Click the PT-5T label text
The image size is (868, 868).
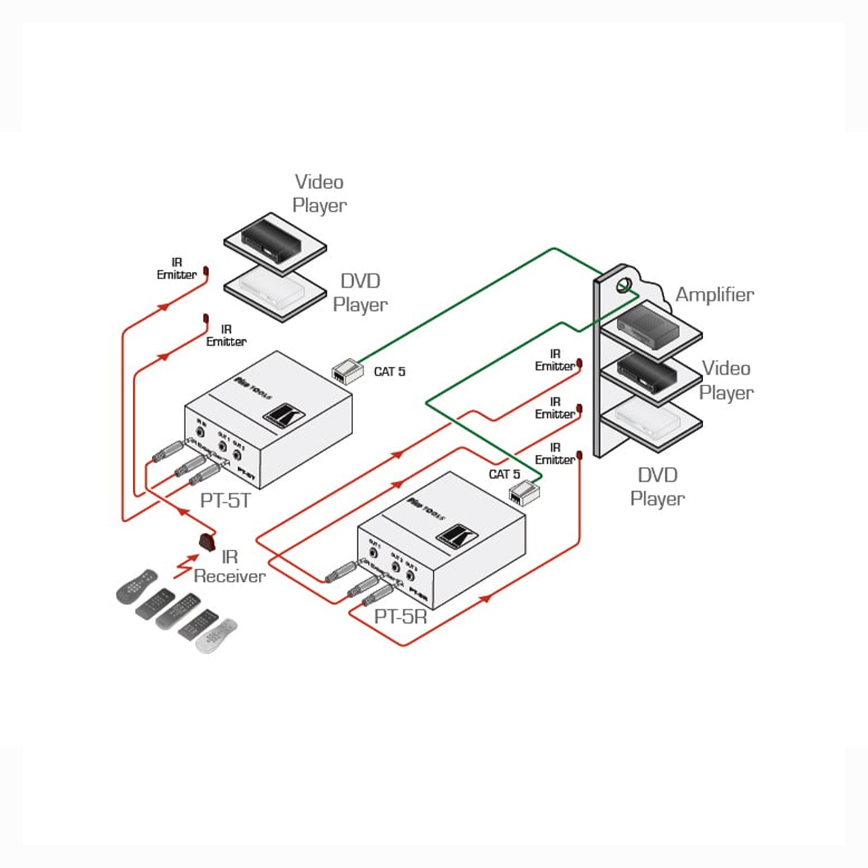point(225,500)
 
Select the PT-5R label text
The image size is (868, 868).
point(400,617)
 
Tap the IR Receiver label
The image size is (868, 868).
point(229,566)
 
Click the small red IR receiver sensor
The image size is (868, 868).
point(208,540)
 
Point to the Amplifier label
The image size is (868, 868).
point(714,294)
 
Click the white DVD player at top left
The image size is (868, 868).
point(273,288)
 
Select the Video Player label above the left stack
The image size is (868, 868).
point(319,193)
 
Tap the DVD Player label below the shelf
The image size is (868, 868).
point(657,487)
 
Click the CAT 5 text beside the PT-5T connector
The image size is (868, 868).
point(389,372)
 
